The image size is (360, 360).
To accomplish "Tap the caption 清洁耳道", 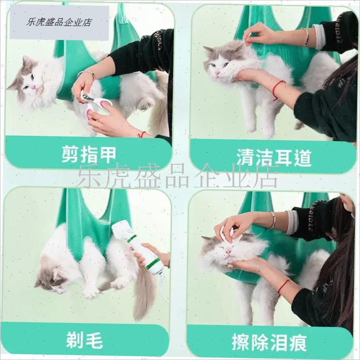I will [273, 157].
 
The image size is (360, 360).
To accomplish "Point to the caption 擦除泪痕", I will [269, 342].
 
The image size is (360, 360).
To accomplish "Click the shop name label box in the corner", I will [59, 22].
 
